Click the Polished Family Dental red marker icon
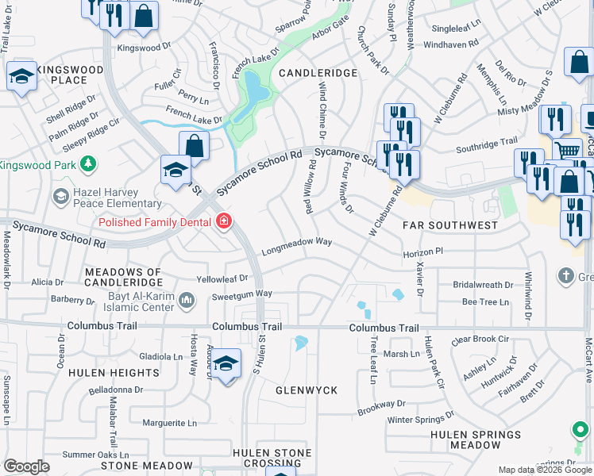224,221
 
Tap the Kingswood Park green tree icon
89,164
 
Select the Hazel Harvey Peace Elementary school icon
60,195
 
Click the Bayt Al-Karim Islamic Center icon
187,300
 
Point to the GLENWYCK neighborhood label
307,390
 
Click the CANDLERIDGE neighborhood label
318,72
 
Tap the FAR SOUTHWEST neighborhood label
449,225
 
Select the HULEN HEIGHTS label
114,373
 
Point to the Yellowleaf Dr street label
222,278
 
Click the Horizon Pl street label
422,250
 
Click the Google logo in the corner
26,466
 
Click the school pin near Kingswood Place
21,76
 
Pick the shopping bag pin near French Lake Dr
194,145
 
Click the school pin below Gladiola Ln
226,364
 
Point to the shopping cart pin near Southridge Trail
567,149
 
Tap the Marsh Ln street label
401,354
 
